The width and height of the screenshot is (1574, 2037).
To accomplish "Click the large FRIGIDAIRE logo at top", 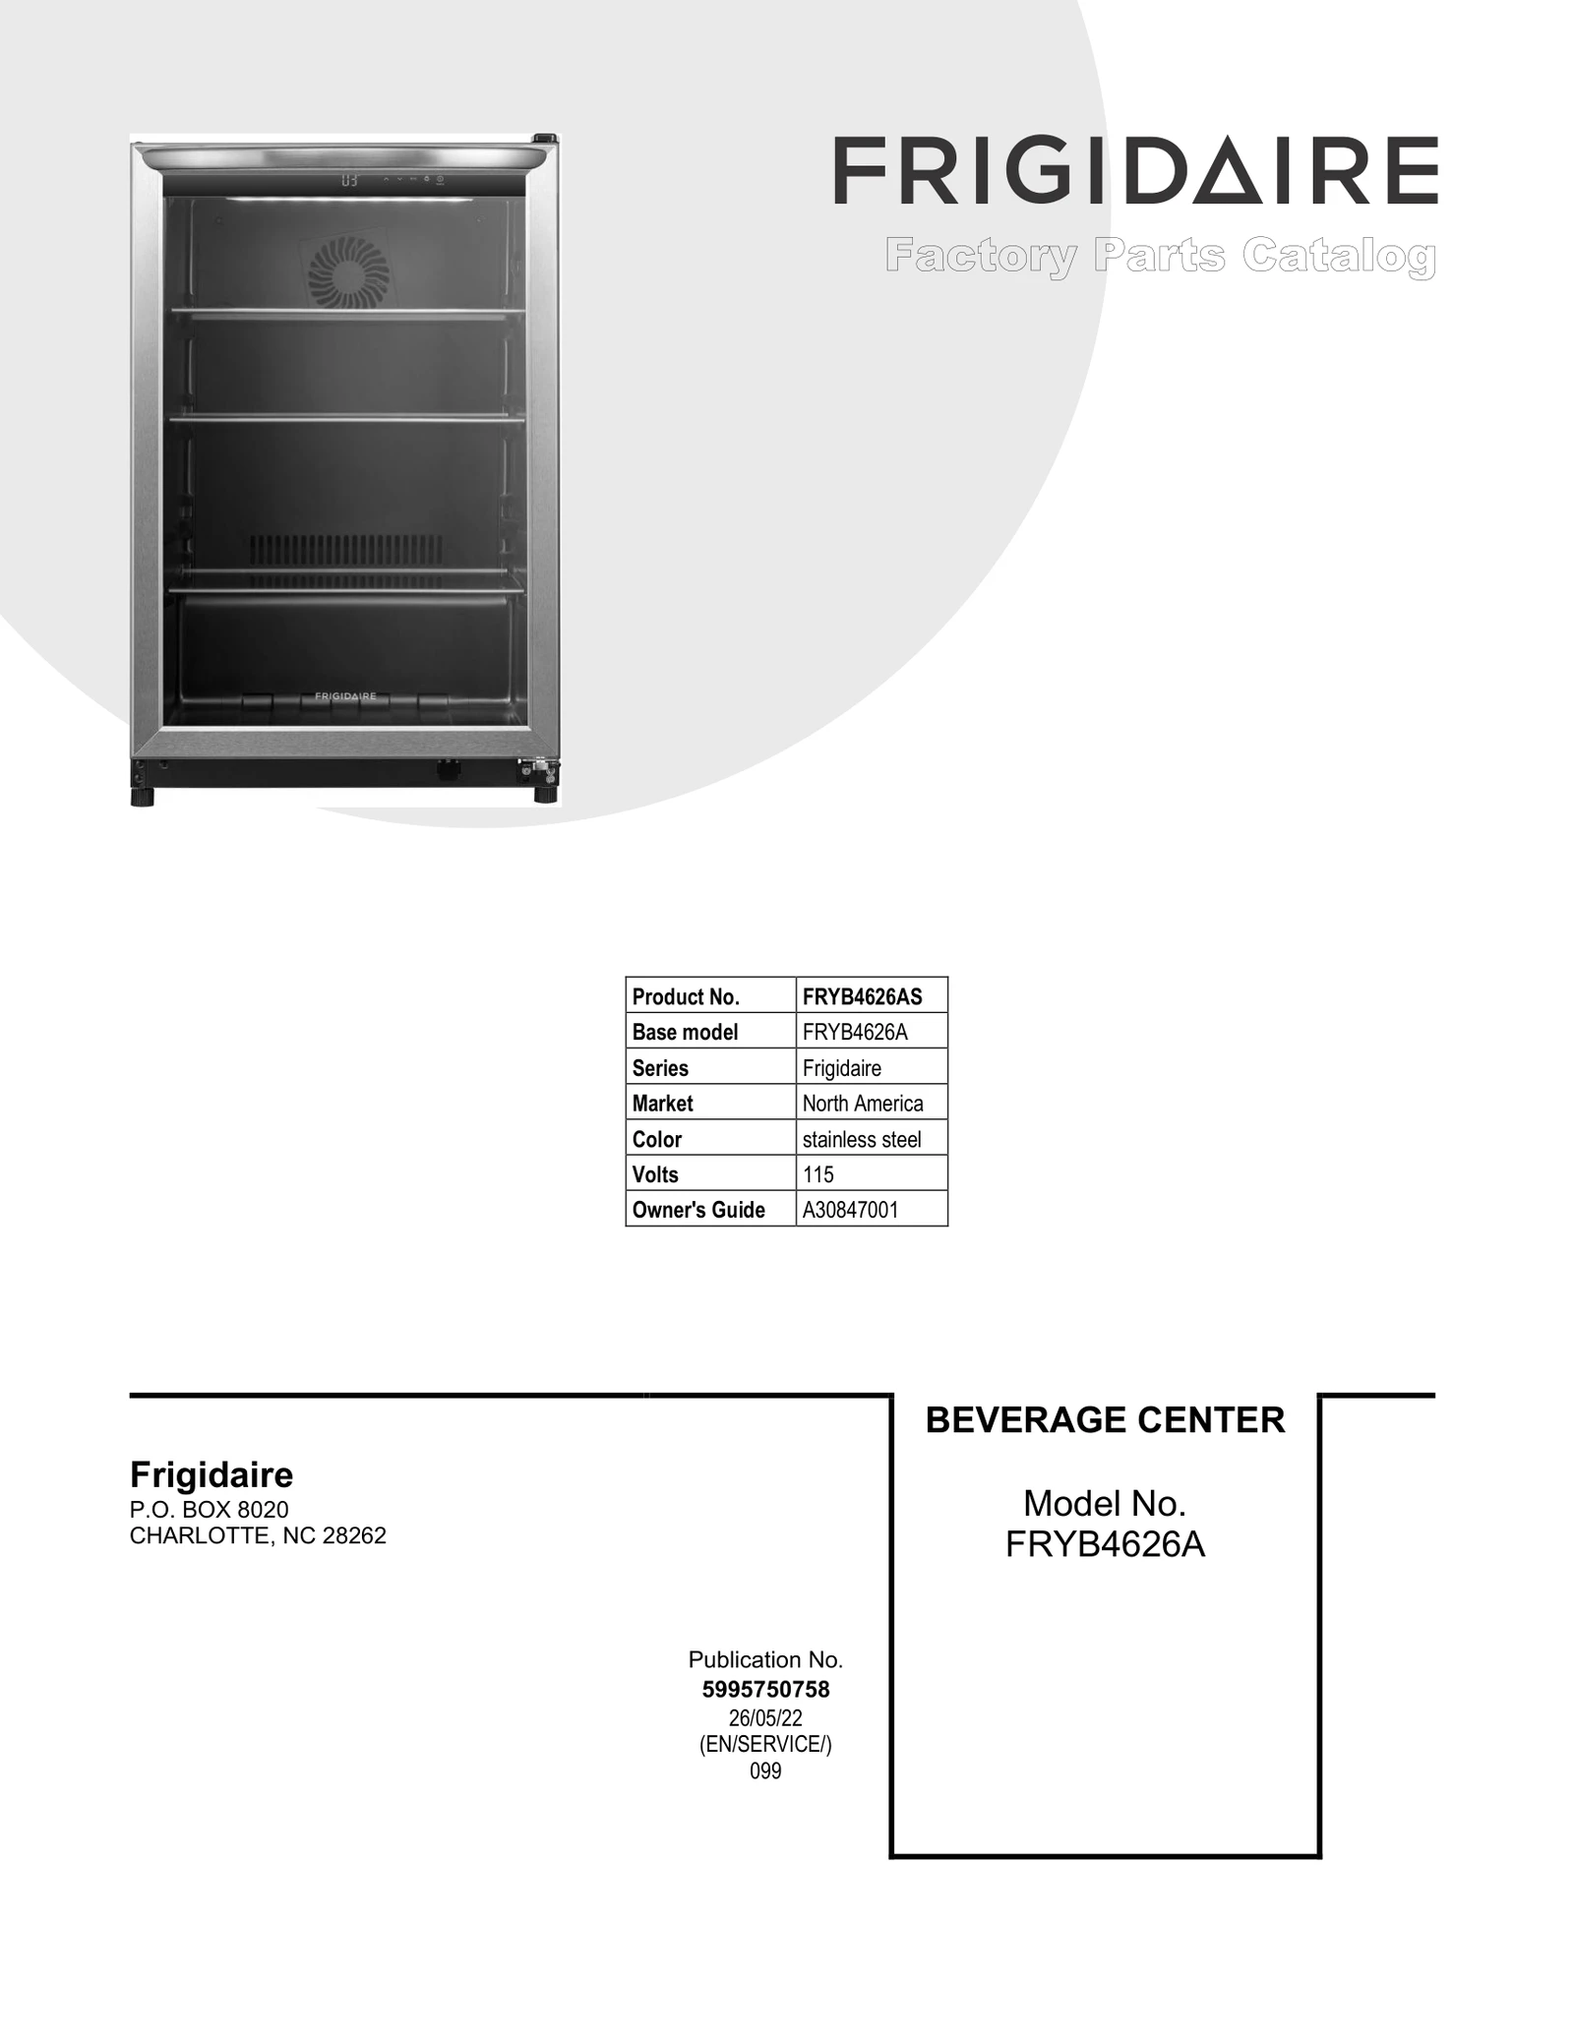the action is pos(1135,171).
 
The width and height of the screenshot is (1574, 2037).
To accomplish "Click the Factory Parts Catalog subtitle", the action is pos(1160,257).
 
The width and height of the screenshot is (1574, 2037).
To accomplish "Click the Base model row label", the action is pos(685,1032).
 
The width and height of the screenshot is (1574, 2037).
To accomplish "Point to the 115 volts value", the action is pos(818,1174).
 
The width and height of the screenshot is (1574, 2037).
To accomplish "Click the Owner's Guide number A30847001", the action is pos(851,1210).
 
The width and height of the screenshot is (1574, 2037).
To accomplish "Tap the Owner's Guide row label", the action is pos(698,1210).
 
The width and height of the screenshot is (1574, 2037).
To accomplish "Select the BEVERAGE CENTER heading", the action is pos(1105,1419).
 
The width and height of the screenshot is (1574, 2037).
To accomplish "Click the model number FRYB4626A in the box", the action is pos(1105,1545).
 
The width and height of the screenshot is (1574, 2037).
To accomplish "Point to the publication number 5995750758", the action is pos(765,1689).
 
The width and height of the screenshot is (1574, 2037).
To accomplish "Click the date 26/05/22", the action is pos(765,1717).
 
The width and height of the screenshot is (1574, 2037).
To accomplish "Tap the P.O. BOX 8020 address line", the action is pos(210,1510).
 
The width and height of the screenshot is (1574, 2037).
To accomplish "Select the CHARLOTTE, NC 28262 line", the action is pos(258,1536).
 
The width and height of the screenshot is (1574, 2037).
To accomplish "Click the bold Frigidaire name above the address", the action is pos(212,1474).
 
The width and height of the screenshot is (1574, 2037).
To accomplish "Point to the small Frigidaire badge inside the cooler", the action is pos(345,695).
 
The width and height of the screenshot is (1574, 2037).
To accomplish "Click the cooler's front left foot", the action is pos(143,796).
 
